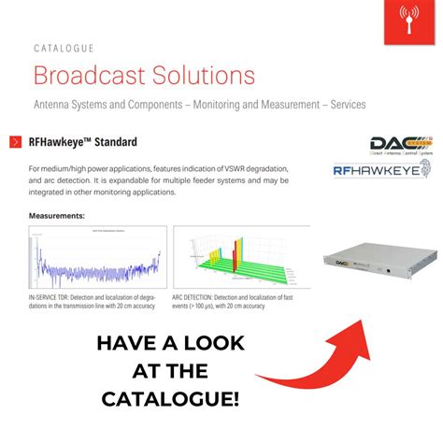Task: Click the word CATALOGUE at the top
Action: pos(64,48)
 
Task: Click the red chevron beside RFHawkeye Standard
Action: pos(16,142)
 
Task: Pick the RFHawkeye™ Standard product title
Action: pos(83,143)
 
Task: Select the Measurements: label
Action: pos(57,216)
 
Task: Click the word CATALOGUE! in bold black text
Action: pos(170,400)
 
